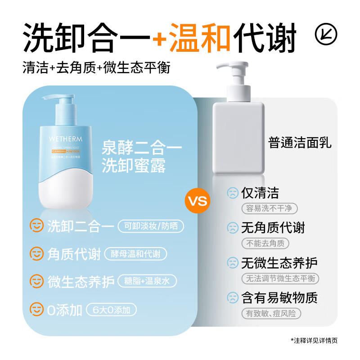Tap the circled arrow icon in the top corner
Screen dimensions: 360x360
(x=326, y=35)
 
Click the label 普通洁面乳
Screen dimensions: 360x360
(x=300, y=143)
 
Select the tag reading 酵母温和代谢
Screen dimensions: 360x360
(x=135, y=254)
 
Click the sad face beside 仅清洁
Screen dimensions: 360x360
(x=232, y=193)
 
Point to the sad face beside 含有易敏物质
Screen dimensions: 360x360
(x=232, y=297)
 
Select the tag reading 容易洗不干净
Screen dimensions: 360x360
(x=269, y=208)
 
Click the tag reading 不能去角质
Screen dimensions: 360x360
(x=265, y=243)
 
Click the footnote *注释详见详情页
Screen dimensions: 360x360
(x=314, y=340)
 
